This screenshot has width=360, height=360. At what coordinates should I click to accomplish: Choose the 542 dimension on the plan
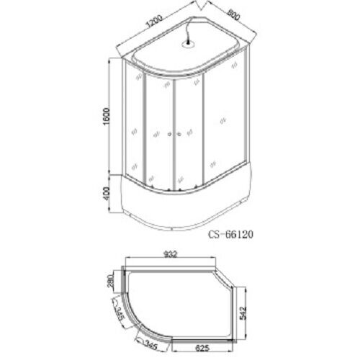coord(245,312)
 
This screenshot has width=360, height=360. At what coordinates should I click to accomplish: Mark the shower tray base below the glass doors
coord(180,202)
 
